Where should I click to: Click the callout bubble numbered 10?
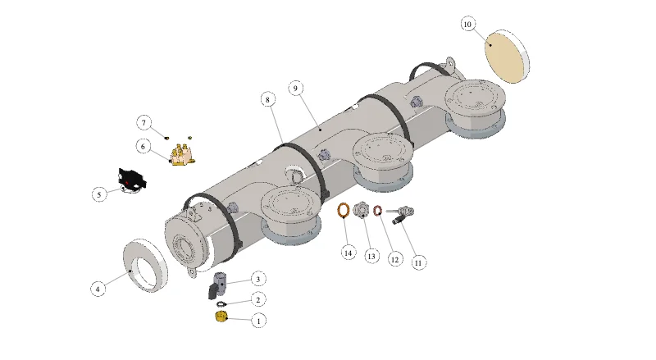[x=467, y=25]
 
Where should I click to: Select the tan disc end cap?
[x=507, y=57]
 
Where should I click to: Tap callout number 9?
[x=296, y=89]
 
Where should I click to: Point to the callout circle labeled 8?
[x=268, y=99]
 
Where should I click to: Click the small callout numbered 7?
[x=144, y=123]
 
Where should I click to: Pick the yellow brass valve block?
[x=183, y=155]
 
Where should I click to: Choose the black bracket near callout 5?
[x=132, y=181]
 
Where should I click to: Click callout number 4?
[x=98, y=289]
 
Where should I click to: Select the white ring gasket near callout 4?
[x=146, y=266]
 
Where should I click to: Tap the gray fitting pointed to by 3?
[x=218, y=285]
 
